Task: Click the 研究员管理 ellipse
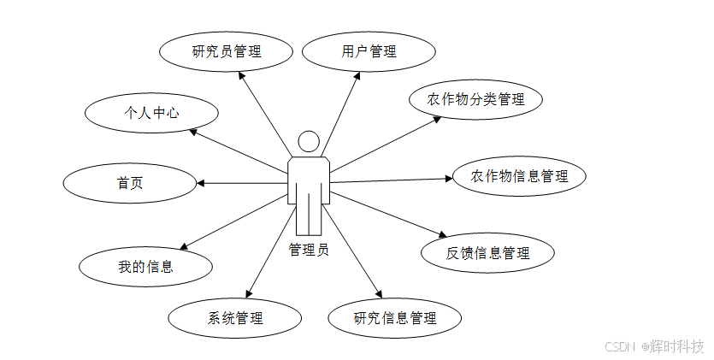tap(226, 51)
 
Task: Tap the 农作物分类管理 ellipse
tap(475, 100)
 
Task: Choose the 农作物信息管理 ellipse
tap(519, 176)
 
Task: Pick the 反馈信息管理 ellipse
tap(487, 252)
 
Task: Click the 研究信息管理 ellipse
tap(395, 318)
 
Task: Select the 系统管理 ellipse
tap(235, 318)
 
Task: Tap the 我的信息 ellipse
tap(145, 266)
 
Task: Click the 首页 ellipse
tap(130, 182)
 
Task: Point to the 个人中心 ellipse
tap(151, 112)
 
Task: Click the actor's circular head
tap(308, 142)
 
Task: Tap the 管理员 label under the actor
tap(308, 250)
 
